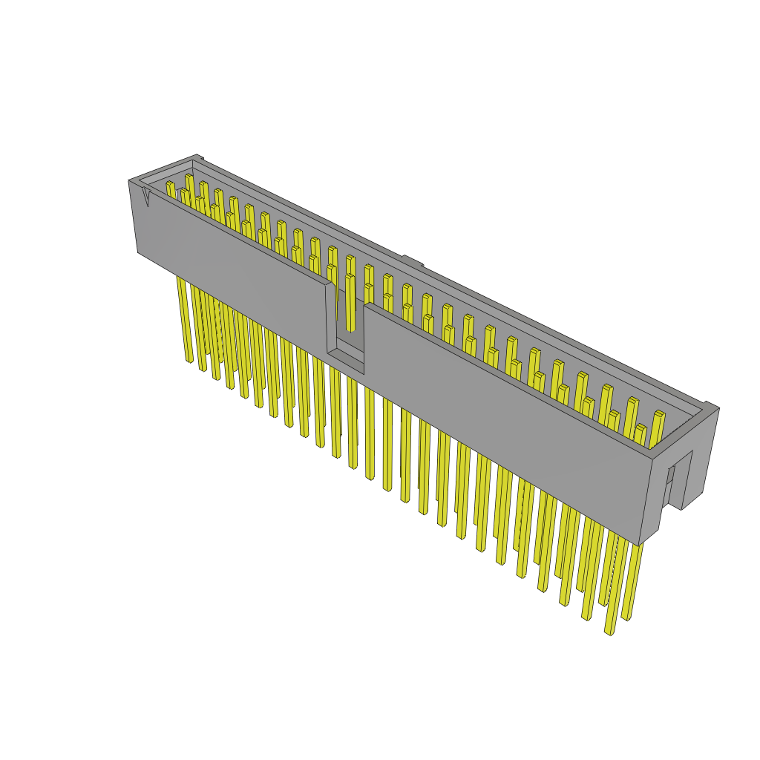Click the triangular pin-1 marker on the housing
point(145,196)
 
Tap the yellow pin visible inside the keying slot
point(350,304)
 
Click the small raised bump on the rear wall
point(413,261)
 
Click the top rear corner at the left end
point(197,156)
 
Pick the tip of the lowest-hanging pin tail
point(609,633)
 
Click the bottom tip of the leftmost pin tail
point(189,361)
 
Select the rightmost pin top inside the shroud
point(658,413)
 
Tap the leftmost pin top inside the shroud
point(170,183)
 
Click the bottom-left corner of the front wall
point(138,252)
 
